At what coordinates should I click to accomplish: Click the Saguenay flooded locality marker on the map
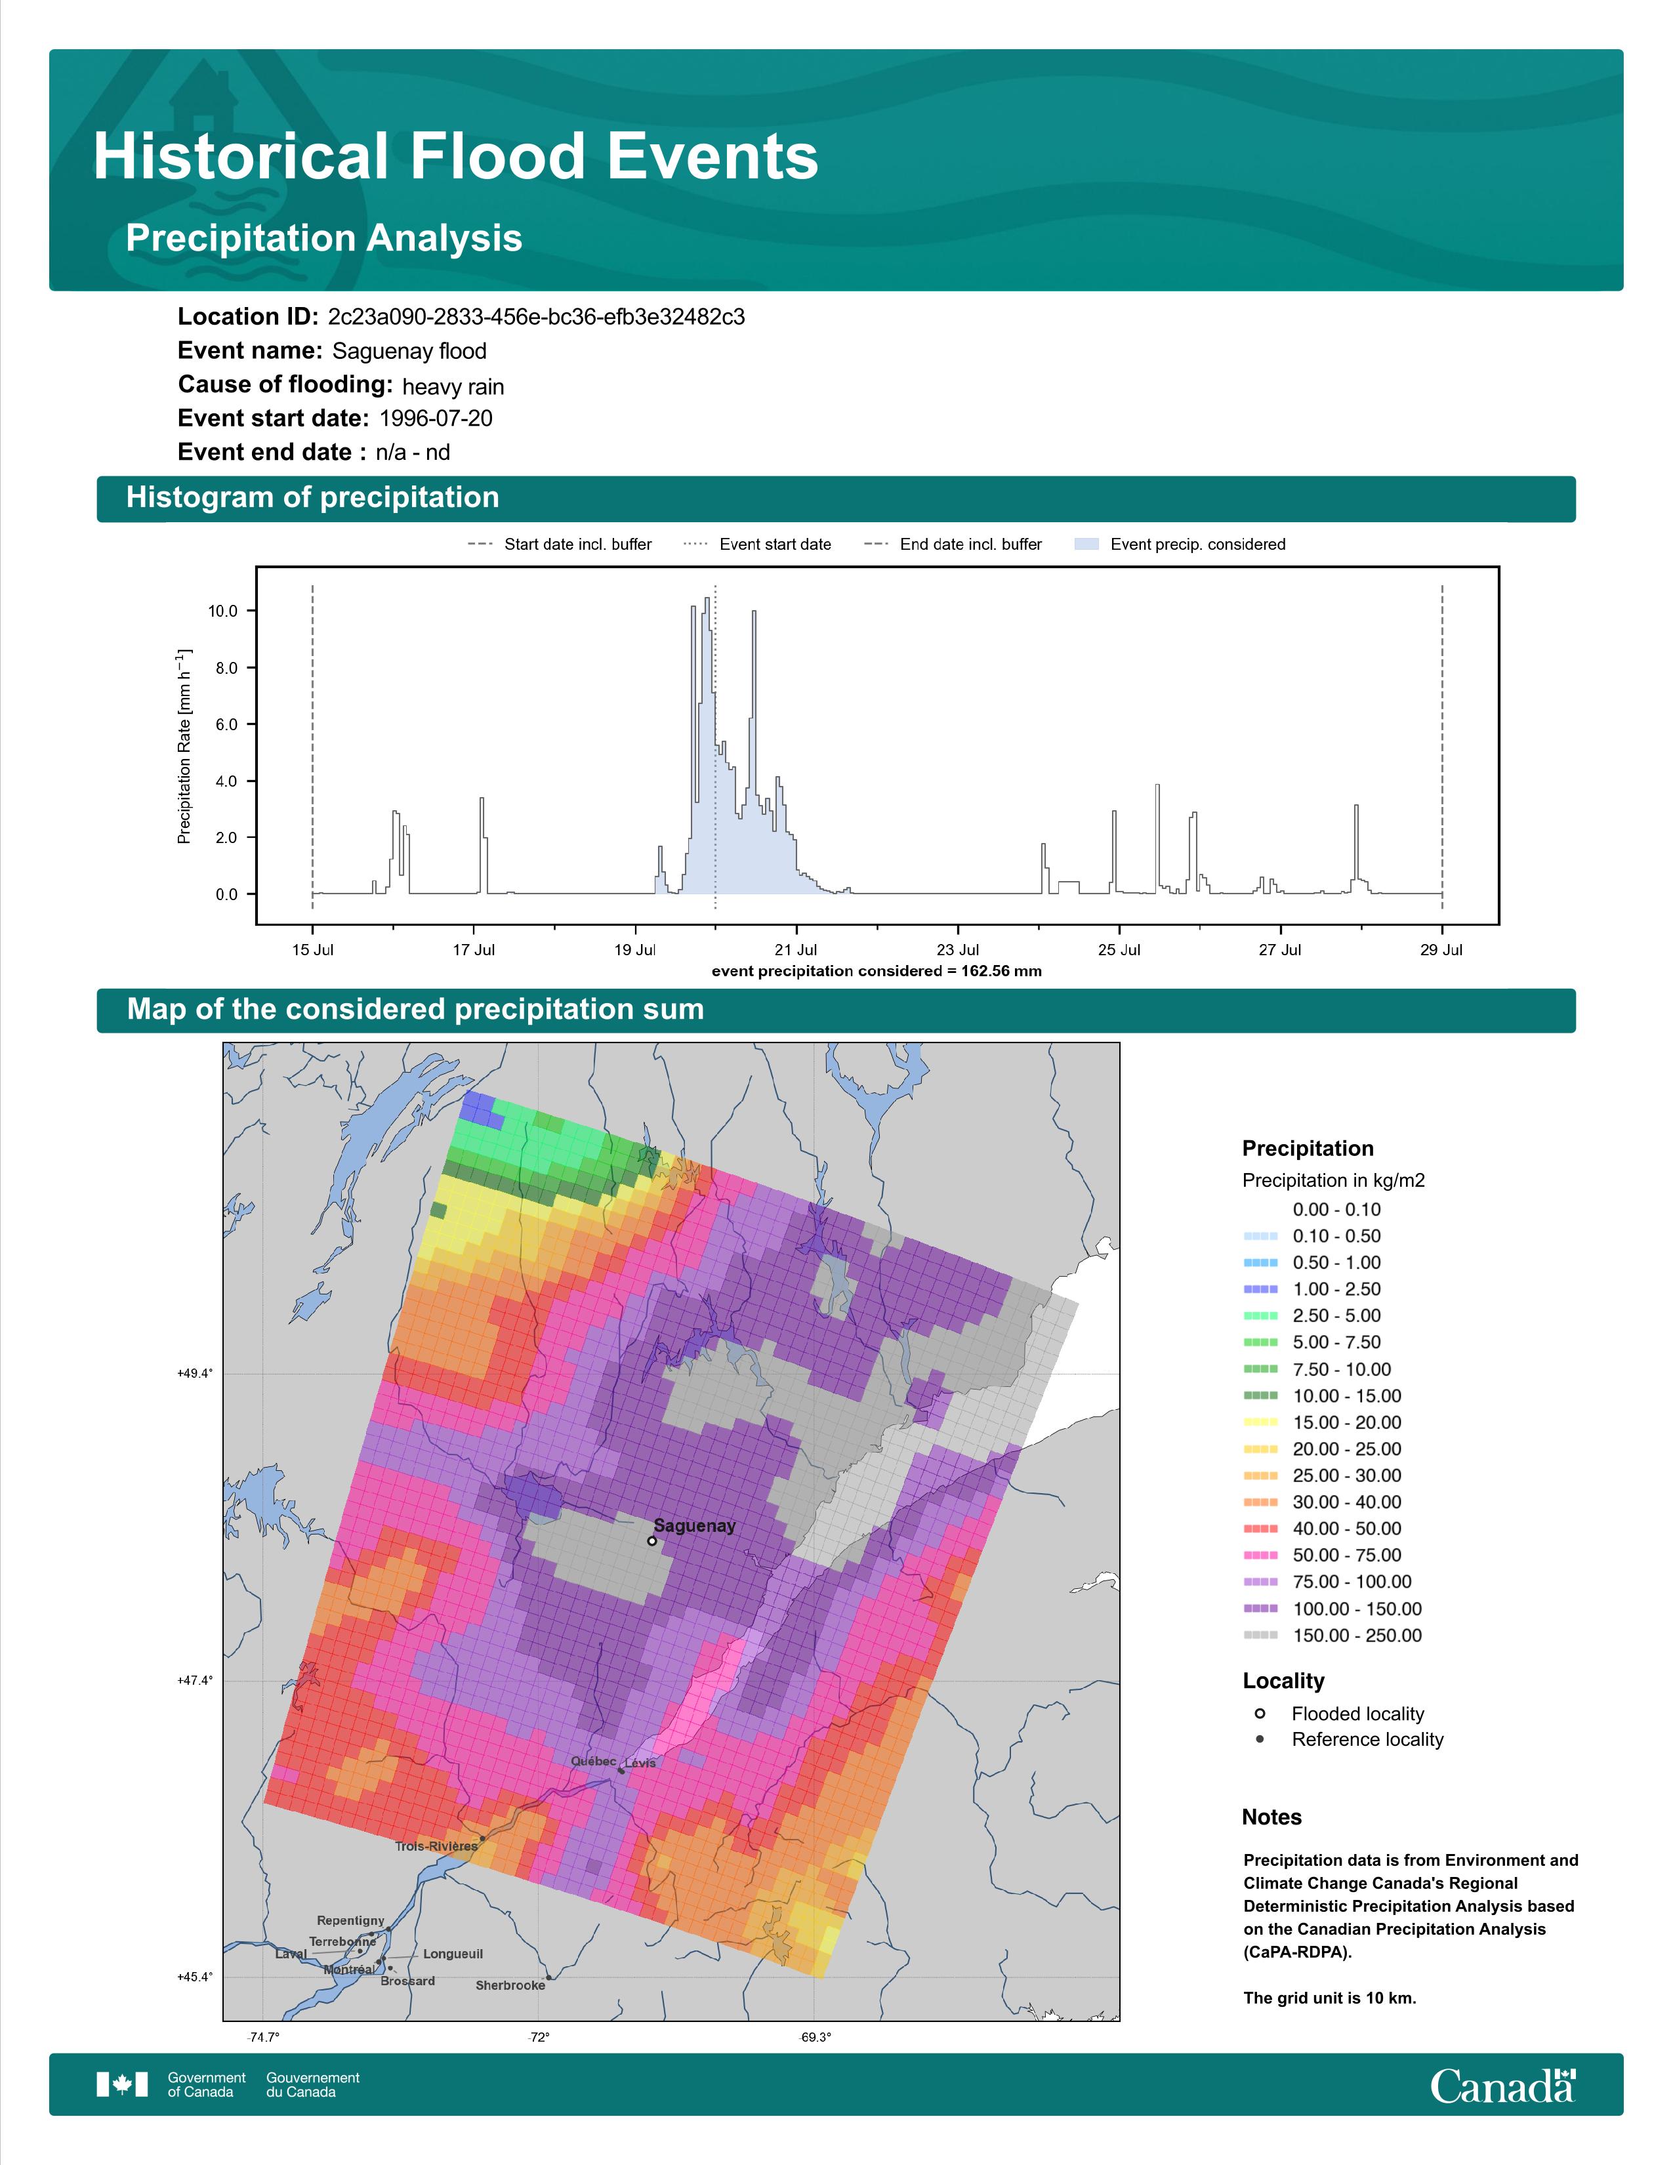click(652, 1540)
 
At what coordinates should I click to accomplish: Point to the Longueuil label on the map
click(453, 1954)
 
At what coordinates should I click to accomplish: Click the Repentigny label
click(351, 1920)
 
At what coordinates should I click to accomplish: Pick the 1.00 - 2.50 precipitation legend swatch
click(1260, 1289)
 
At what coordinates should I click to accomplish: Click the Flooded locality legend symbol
click(1260, 1713)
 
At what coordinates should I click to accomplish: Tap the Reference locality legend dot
click(1260, 1739)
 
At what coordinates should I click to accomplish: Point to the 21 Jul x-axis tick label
click(796, 950)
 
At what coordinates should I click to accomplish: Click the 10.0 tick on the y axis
click(223, 611)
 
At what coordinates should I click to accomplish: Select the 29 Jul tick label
click(1441, 950)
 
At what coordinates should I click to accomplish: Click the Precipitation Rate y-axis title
click(184, 747)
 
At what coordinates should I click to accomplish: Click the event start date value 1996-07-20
click(436, 419)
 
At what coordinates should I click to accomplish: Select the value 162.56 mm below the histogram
click(1001, 970)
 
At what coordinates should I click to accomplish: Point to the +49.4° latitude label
click(196, 1373)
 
